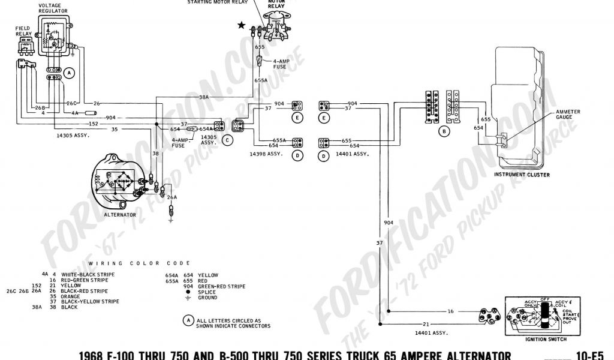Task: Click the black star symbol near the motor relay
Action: point(242,25)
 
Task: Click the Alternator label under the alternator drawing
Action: point(119,214)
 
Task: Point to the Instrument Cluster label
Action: point(522,175)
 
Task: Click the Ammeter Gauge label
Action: point(567,113)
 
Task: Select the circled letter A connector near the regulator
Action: point(70,73)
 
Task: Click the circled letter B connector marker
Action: point(444,130)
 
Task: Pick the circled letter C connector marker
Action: point(227,140)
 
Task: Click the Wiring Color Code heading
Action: point(139,263)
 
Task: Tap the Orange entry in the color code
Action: point(70,296)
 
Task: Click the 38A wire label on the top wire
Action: point(204,97)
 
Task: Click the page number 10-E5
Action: point(596,355)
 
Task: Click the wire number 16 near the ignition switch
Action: point(450,312)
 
